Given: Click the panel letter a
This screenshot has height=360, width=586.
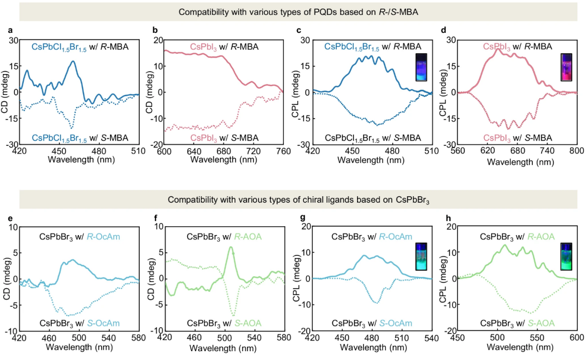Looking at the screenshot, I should coord(10,31).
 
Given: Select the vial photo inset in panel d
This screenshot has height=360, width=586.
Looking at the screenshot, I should coord(567,67).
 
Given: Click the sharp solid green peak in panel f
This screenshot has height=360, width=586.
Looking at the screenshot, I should coord(230,247).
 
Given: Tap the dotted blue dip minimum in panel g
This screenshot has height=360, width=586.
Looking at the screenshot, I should coord(377,303).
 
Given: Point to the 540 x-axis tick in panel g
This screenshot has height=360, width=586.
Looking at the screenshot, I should coord(431,338).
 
